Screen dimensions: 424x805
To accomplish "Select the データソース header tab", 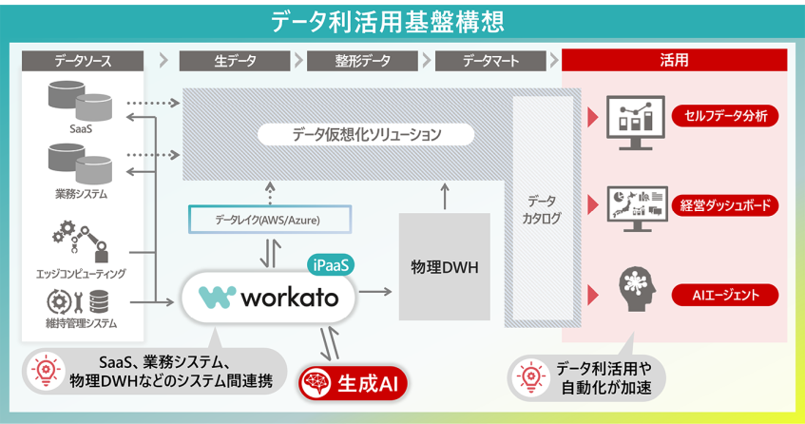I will pos(83,61).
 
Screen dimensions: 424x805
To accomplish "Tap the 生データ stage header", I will pos(235,61).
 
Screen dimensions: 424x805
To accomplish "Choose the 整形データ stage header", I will pos(363,61).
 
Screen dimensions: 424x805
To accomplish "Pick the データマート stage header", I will pos(490,61).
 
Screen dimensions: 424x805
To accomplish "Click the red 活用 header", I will pos(674,61).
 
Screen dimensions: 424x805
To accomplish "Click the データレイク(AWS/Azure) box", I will pos(267,220).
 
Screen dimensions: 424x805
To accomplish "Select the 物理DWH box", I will pos(444,266).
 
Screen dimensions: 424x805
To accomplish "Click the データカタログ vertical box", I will pos(541,209).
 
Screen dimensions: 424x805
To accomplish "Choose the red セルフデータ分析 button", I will pos(725,117).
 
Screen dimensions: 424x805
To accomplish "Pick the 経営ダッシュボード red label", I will pos(725,204).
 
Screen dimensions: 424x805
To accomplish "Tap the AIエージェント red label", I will pos(725,294).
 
